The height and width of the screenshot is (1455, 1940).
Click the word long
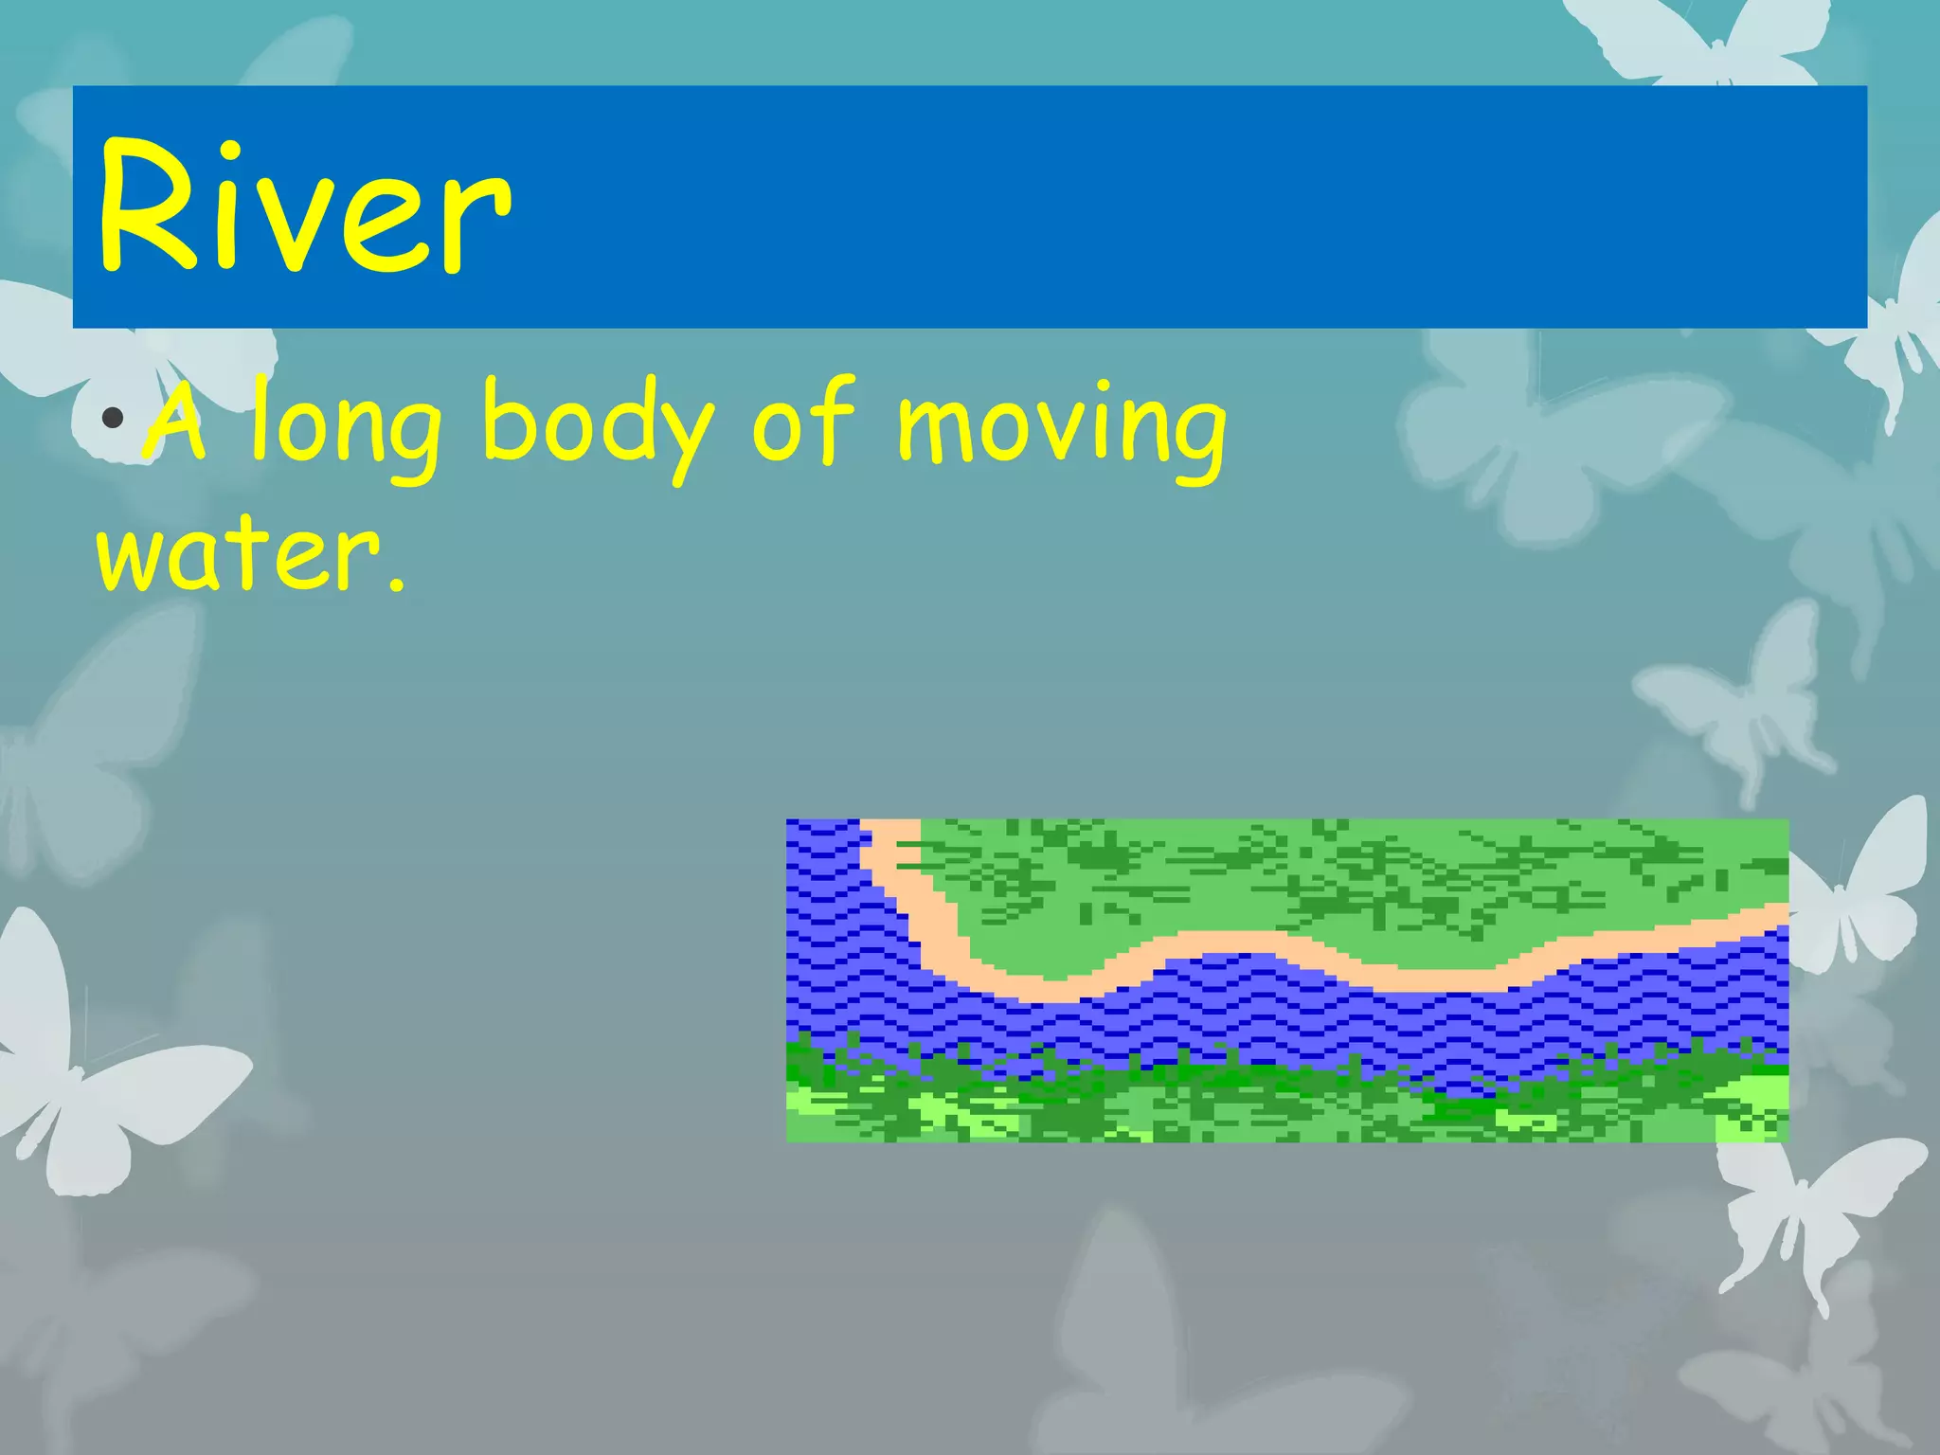coord(345,426)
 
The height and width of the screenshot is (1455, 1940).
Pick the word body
coord(597,426)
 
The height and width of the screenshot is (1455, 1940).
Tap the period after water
coord(396,585)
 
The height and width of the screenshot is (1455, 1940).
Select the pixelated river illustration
coord(1286,980)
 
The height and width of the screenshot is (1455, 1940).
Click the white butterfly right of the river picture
coord(1857,890)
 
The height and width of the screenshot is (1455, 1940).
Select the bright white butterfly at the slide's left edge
coord(85,1061)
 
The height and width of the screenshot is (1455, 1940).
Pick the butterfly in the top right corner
coord(1705,38)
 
